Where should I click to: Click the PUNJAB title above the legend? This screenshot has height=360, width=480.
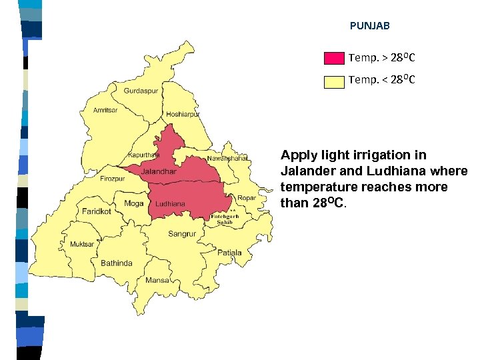(x=369, y=26)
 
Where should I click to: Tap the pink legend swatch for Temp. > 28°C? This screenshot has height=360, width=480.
(x=333, y=58)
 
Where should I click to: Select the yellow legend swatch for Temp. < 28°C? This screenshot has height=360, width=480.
(x=333, y=81)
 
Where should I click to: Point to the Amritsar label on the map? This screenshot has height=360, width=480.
(x=105, y=110)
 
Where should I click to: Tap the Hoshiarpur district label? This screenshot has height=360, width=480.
(x=183, y=115)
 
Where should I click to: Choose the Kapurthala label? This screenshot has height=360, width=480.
(x=145, y=154)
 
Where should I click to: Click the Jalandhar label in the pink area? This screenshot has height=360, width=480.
(x=159, y=171)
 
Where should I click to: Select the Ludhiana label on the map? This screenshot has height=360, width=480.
(x=171, y=203)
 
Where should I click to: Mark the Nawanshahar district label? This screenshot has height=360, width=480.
(x=227, y=159)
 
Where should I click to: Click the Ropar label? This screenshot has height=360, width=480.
(x=246, y=198)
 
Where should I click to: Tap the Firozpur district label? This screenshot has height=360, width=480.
(x=112, y=179)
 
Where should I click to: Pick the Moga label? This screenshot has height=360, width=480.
(x=134, y=203)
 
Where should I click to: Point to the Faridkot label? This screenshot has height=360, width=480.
(x=97, y=211)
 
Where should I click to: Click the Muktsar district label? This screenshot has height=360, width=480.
(x=82, y=245)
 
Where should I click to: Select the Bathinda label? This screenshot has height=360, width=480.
(x=116, y=263)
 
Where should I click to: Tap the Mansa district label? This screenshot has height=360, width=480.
(x=157, y=281)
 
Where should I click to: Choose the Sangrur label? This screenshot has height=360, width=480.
(x=182, y=234)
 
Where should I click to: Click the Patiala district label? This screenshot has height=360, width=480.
(x=229, y=253)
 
